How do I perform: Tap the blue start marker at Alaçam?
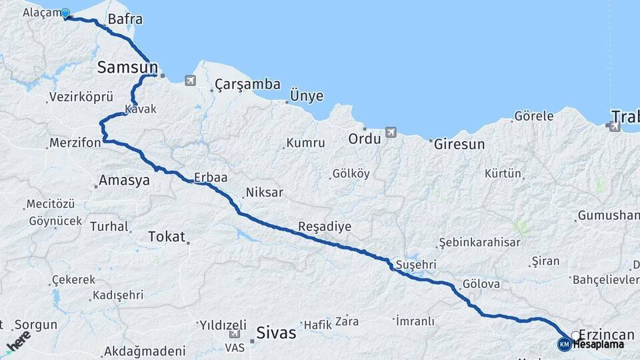pos(65,13)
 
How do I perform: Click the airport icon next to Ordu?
pos(391,132)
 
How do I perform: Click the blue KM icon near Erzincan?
pos(564,344)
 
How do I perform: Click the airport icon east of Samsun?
pos(191,81)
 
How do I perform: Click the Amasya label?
pos(124,180)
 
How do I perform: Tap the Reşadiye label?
pos(325,226)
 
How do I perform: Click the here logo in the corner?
pos(18,342)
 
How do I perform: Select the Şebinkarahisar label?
pos(479,242)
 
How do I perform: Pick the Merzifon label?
pos(75,143)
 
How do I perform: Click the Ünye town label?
pos(306,96)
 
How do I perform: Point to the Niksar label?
pos(265,193)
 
